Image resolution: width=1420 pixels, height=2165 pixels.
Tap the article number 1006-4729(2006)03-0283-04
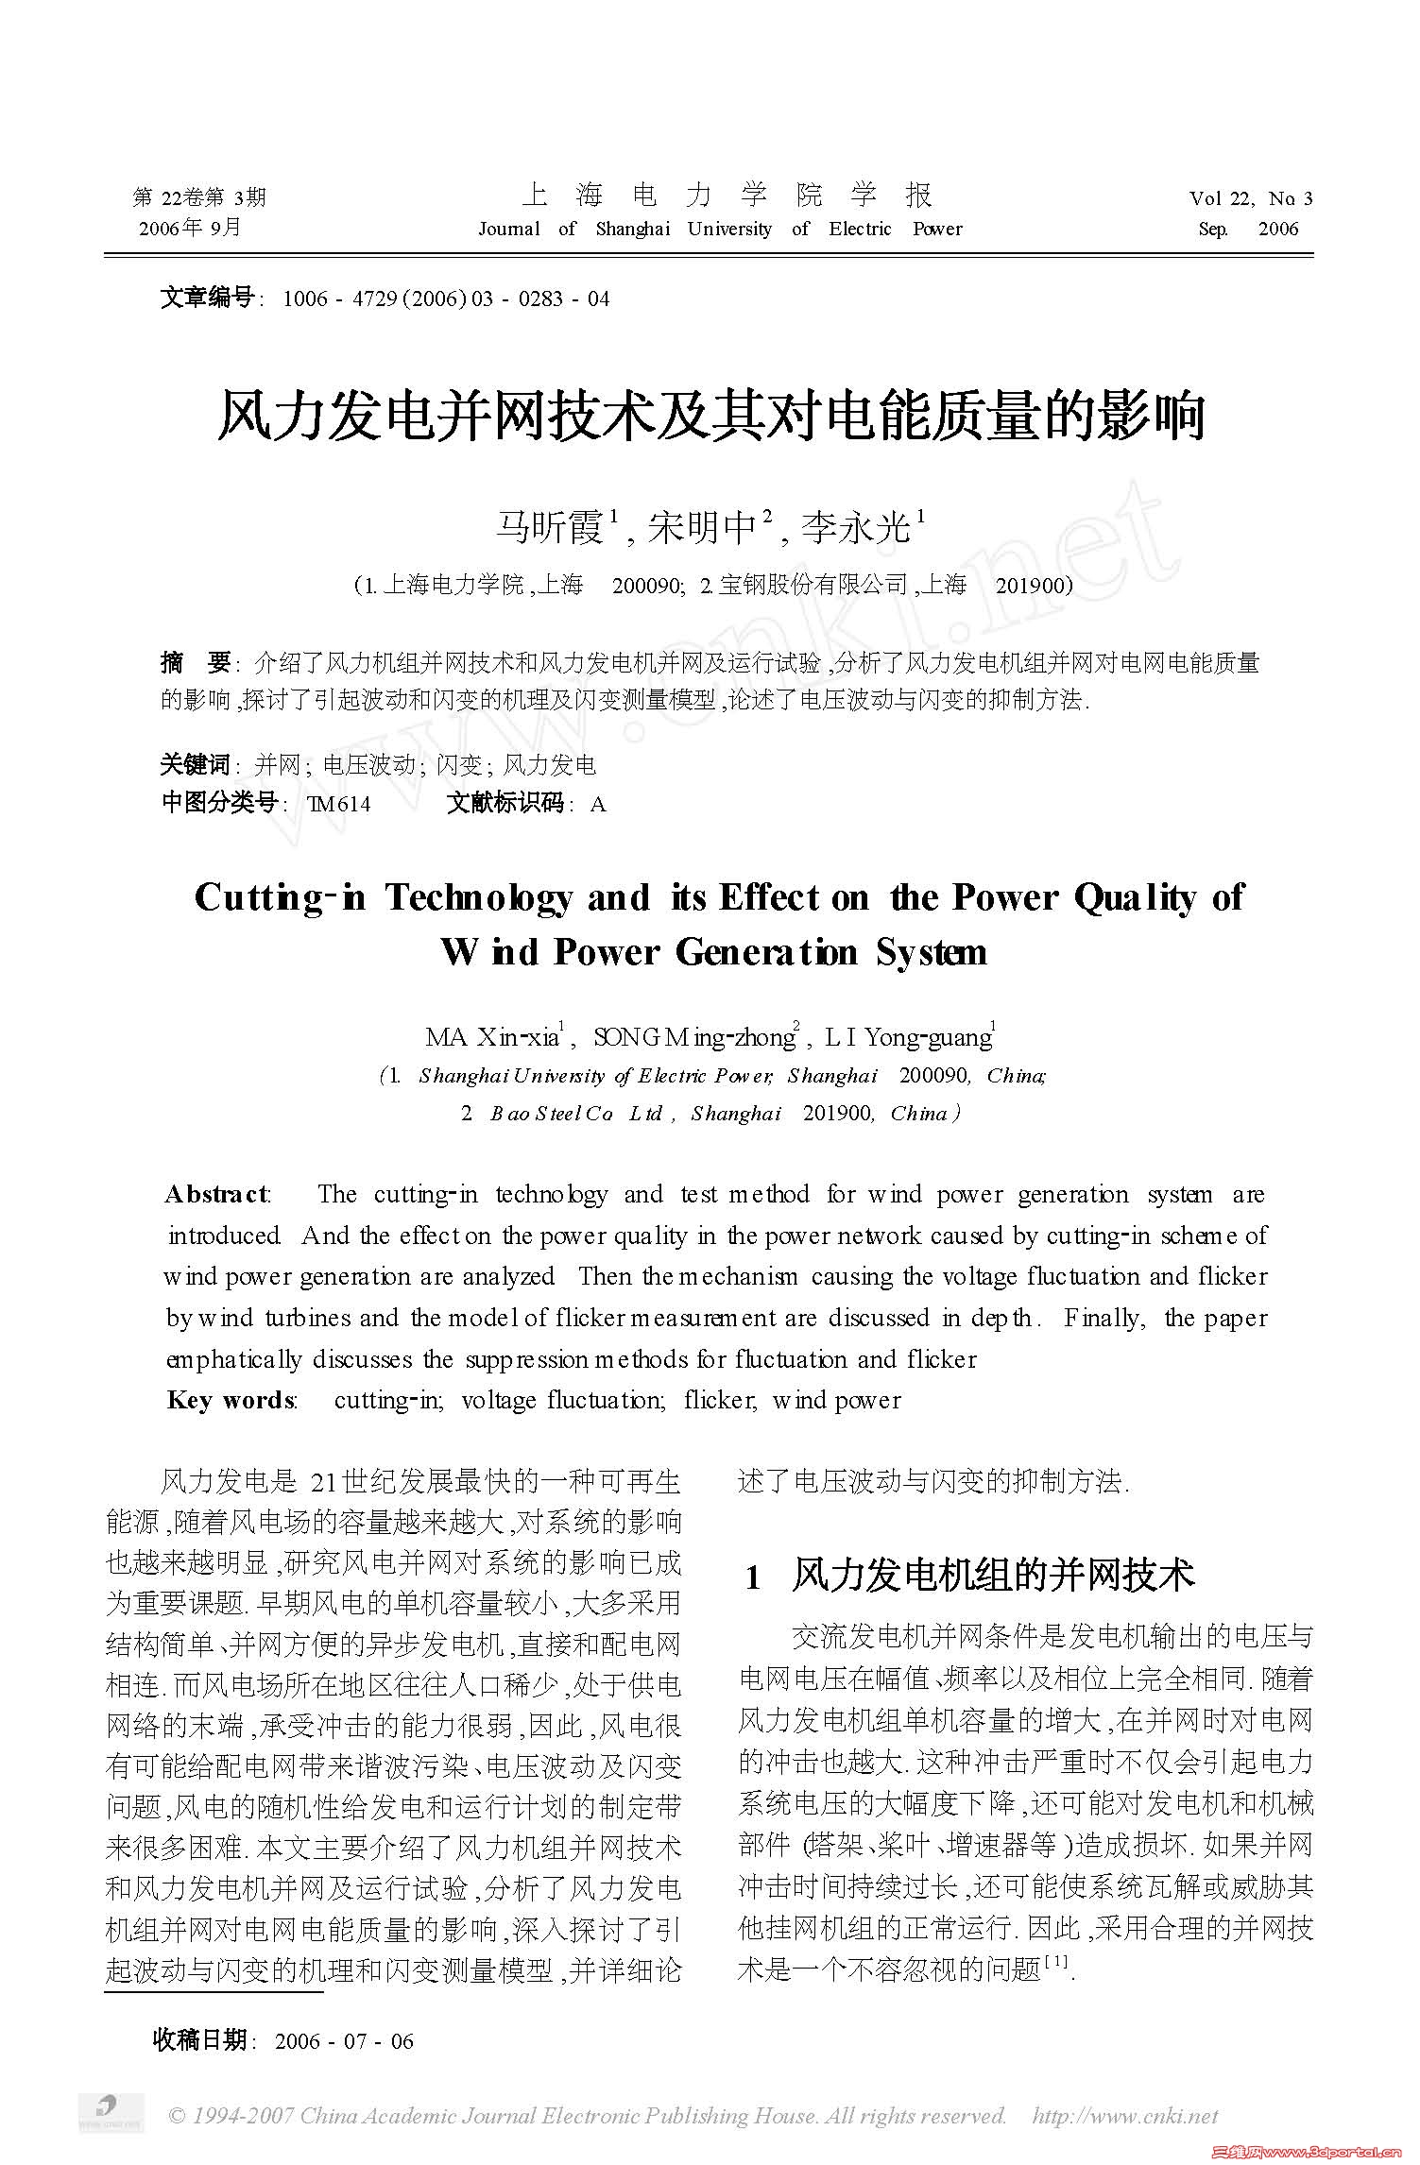(446, 299)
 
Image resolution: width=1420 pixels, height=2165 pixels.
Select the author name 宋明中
(704, 527)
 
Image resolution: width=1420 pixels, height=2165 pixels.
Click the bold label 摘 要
(196, 663)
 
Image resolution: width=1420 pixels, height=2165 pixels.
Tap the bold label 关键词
(195, 764)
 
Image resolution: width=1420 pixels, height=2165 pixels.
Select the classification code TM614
(339, 804)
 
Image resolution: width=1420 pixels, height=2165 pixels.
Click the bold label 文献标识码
(505, 804)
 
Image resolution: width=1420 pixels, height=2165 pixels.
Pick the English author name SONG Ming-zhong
(694, 1038)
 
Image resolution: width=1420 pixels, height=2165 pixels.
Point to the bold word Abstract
(216, 1195)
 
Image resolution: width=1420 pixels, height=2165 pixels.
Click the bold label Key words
(231, 1401)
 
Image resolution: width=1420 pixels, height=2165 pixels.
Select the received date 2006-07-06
(344, 2042)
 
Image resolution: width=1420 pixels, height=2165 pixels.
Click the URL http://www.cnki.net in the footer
(1125, 2116)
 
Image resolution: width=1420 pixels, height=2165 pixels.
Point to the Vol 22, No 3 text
(1250, 198)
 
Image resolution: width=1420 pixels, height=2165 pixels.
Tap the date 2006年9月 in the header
(190, 228)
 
